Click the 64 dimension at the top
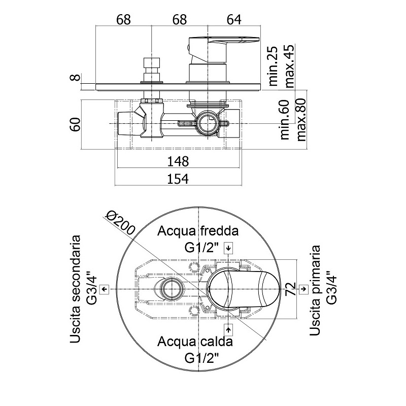[233, 19]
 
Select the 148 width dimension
[178, 162]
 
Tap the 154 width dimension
[178, 179]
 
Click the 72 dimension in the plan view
[290, 289]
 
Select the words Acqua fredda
[198, 232]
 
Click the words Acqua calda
[195, 341]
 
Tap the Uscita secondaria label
[77, 289]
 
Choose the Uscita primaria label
[316, 289]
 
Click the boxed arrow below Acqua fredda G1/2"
[229, 248]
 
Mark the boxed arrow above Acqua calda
[229, 329]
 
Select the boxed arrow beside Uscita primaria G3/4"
[303, 289]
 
